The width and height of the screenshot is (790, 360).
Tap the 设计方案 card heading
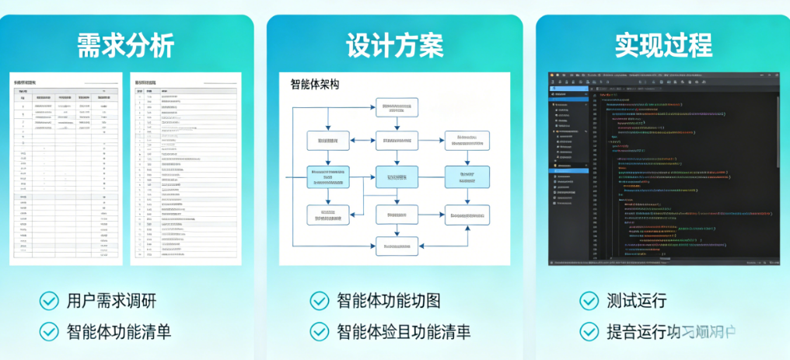tap(395, 45)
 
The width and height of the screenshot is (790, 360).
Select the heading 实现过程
tap(663, 45)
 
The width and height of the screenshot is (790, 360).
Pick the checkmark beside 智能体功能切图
tap(320, 301)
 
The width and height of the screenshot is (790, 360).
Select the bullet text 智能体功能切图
tap(388, 301)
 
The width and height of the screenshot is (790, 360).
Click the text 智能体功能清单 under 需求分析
tap(118, 331)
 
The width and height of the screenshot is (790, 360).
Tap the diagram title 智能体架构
tap(314, 85)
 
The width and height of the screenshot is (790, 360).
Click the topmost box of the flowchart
tap(397, 107)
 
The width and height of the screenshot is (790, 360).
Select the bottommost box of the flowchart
tap(397, 246)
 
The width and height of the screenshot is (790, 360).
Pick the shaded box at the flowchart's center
tap(397, 177)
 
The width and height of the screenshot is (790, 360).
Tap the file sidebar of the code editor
tap(570, 171)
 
